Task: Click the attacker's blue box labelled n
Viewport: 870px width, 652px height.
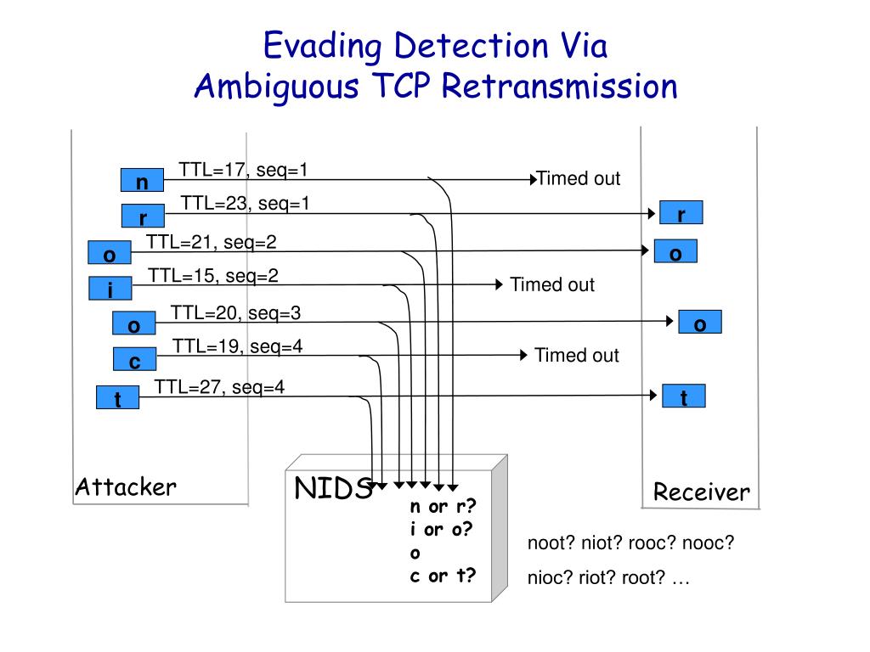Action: [142, 180]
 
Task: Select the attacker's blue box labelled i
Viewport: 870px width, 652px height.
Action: [110, 289]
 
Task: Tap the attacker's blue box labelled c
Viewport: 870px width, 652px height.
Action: [135, 359]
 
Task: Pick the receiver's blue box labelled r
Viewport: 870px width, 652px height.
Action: [681, 212]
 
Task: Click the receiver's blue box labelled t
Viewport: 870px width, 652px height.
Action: [684, 396]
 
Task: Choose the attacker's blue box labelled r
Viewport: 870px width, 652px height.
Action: [143, 216]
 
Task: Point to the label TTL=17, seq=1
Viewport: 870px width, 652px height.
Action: [243, 170]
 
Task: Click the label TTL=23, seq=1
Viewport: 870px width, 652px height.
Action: [245, 204]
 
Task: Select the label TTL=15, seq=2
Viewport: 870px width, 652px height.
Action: [213, 276]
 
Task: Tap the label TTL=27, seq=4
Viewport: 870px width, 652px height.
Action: [219, 387]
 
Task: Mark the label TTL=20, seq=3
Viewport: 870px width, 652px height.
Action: [235, 312]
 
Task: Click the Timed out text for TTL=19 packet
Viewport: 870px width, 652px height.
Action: [577, 355]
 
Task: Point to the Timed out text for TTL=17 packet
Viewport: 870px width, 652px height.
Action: [578, 178]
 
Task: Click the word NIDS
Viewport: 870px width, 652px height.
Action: [333, 488]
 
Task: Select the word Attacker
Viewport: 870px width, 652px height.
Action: [126, 486]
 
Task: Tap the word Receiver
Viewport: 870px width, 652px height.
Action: [701, 492]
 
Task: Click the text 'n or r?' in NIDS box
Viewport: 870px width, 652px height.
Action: [443, 506]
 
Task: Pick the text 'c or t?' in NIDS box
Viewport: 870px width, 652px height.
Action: [443, 576]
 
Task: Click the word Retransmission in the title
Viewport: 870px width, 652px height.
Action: [559, 87]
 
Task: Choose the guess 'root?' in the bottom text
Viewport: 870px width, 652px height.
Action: [643, 577]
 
